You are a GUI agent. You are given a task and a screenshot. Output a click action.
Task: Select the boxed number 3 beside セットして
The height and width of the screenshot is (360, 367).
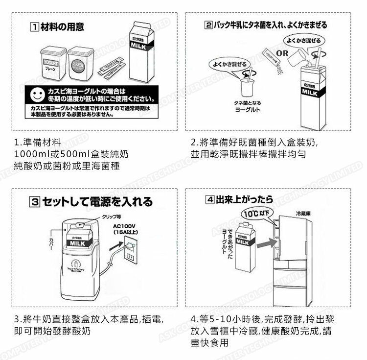[x=34, y=201]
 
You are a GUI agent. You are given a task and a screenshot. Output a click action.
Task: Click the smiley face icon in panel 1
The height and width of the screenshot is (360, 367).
[x=37, y=94]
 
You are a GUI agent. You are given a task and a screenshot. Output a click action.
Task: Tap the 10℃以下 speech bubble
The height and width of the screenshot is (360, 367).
[x=259, y=214]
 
